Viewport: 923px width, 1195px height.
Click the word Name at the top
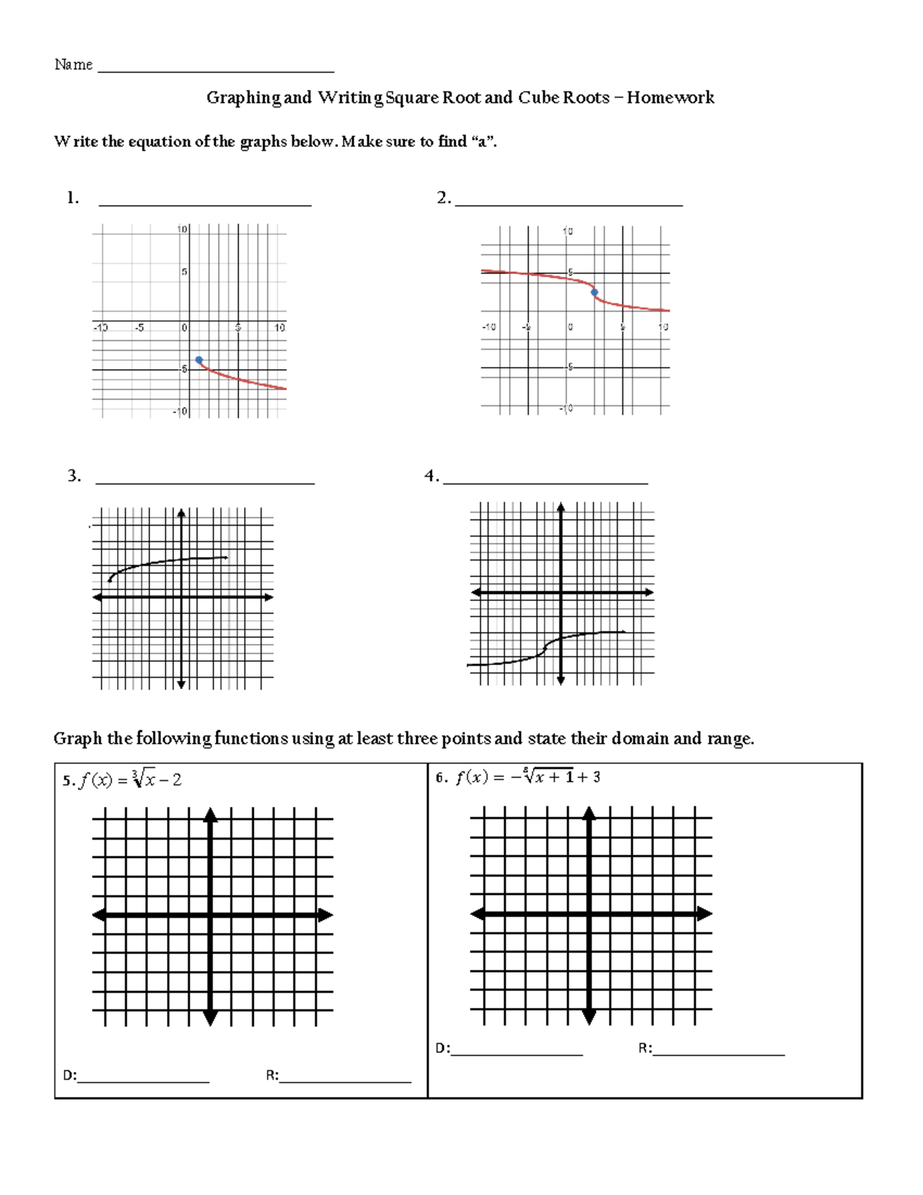click(x=73, y=65)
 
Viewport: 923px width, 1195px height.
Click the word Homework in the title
click(x=670, y=98)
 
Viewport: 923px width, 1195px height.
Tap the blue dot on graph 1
click(x=199, y=360)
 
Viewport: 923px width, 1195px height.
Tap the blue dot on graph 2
click(x=594, y=292)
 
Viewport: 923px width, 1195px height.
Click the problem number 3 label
click(x=74, y=476)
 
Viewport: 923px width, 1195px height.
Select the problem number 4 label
click(x=431, y=476)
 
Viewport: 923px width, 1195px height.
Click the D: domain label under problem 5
click(x=70, y=1076)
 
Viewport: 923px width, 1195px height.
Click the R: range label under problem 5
click(x=272, y=1076)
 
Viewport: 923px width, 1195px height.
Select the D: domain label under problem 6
click(x=442, y=1048)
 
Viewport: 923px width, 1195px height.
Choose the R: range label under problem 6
click(x=645, y=1048)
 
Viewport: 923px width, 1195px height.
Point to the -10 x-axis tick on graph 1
click(x=101, y=327)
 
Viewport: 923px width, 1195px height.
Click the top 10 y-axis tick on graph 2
click(x=567, y=231)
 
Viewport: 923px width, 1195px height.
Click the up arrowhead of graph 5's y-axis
click(x=211, y=814)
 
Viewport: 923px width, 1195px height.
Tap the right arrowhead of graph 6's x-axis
click(x=705, y=914)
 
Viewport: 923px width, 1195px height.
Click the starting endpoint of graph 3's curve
click(x=110, y=580)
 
